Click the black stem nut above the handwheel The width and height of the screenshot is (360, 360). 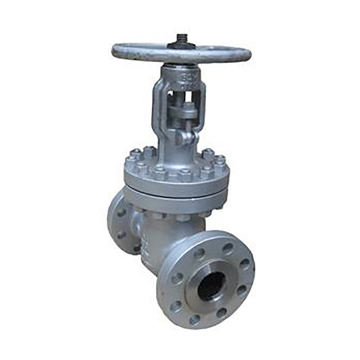182,40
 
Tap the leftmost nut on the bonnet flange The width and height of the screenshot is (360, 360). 129,163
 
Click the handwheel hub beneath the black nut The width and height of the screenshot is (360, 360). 181,49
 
